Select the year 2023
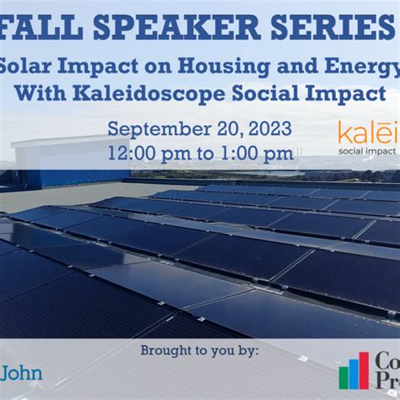[x=268, y=130]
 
